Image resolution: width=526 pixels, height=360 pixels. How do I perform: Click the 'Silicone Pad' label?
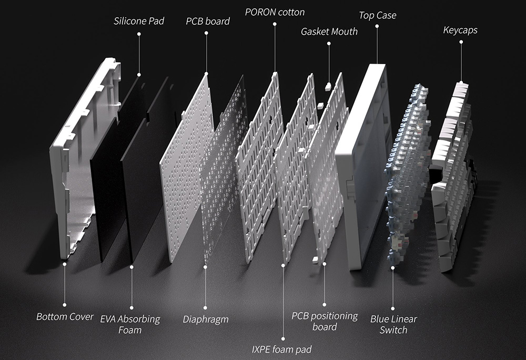[139, 21]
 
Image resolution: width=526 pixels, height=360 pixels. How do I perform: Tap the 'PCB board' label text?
[208, 21]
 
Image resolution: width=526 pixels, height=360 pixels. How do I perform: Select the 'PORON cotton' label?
[275, 12]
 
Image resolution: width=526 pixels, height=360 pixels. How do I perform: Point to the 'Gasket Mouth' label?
[329, 32]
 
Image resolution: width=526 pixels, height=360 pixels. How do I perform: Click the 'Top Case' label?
[377, 15]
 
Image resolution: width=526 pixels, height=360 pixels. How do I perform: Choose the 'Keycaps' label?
[460, 30]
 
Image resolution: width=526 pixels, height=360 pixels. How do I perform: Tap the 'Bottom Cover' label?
[65, 317]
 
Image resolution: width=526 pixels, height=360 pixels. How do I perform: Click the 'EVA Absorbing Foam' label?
[130, 324]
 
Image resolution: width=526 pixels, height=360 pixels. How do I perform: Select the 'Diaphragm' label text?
[206, 320]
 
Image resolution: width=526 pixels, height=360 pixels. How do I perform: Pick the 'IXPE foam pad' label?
[281, 349]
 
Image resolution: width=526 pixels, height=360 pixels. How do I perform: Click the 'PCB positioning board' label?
[325, 321]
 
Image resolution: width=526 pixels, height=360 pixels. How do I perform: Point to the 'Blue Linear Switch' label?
[393, 324]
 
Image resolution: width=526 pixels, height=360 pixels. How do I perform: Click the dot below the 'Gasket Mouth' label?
[329, 44]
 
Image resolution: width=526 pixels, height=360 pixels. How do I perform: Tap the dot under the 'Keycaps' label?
[461, 42]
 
